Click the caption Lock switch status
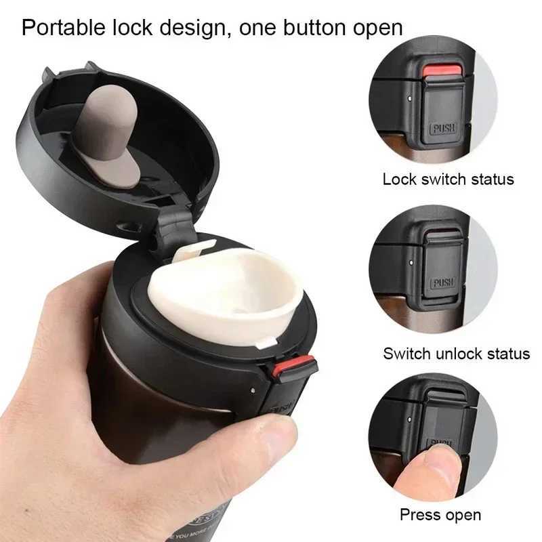(448, 180)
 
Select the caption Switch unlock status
(456, 353)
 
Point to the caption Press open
(440, 515)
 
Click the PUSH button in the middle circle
(443, 283)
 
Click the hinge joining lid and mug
(174, 230)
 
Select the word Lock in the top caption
(398, 180)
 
